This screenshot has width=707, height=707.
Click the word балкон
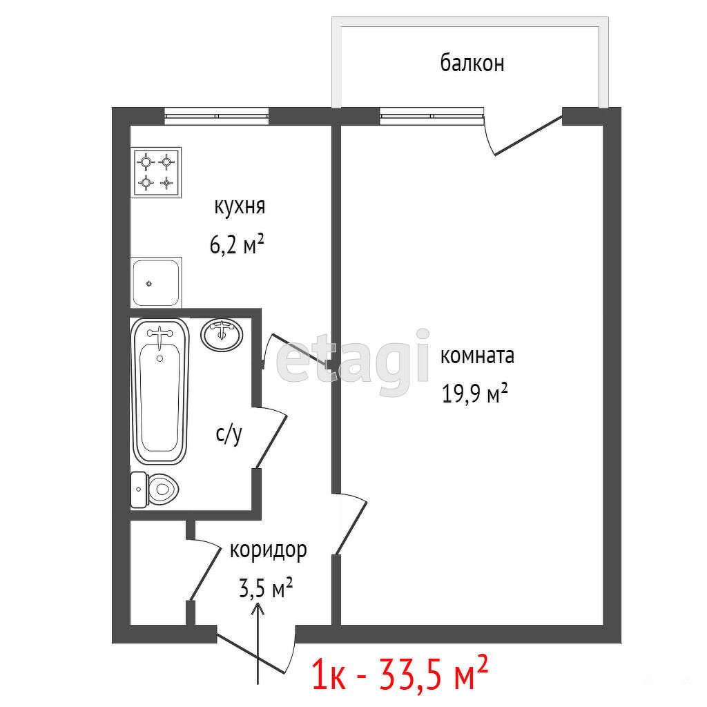[472, 63]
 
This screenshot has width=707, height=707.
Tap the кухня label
[240, 207]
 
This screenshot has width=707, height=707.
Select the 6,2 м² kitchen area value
[237, 245]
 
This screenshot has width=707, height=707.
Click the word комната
[477, 356]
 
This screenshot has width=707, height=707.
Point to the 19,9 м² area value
[474, 394]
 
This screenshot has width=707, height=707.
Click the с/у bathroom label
[229, 434]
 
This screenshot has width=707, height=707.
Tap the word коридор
[269, 551]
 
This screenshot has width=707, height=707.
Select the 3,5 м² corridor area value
[266, 588]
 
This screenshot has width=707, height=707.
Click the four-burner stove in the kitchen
[156, 172]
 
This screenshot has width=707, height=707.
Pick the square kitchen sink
[156, 282]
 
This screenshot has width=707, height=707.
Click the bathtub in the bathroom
[159, 391]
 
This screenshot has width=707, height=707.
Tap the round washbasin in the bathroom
[222, 335]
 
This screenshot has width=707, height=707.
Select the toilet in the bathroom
[155, 490]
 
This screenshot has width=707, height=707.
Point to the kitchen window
[216, 116]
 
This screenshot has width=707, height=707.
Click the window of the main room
[432, 116]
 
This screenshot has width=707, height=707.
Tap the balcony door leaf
[528, 136]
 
